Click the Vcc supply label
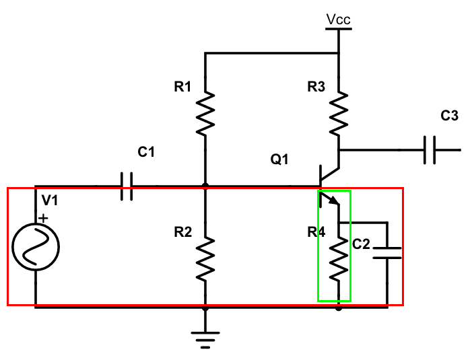click(338, 20)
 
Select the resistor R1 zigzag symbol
click(205, 114)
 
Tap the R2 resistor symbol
click(205, 259)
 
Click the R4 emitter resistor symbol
click(339, 259)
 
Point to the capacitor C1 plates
click(127, 186)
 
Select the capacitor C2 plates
click(387, 252)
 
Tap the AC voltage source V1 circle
click(35, 247)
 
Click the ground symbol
click(205, 334)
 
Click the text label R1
click(182, 86)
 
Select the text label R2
click(182, 232)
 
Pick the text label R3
click(316, 86)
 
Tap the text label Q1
click(279, 159)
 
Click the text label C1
click(146, 152)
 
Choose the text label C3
click(449, 116)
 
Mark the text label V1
click(50, 200)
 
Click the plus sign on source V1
click(44, 218)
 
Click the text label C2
click(362, 244)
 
